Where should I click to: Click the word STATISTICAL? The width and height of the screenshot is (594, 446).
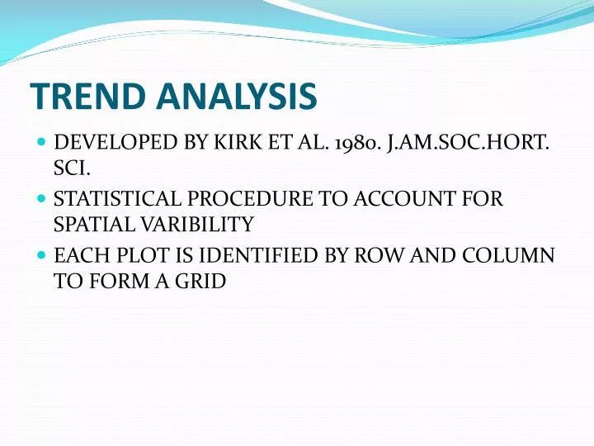coord(115,200)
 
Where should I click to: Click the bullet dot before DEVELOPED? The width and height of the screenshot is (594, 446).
coord(40,143)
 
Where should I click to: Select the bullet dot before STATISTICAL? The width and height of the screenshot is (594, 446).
coord(40,200)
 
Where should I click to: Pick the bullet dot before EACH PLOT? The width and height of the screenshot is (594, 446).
coord(40,257)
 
